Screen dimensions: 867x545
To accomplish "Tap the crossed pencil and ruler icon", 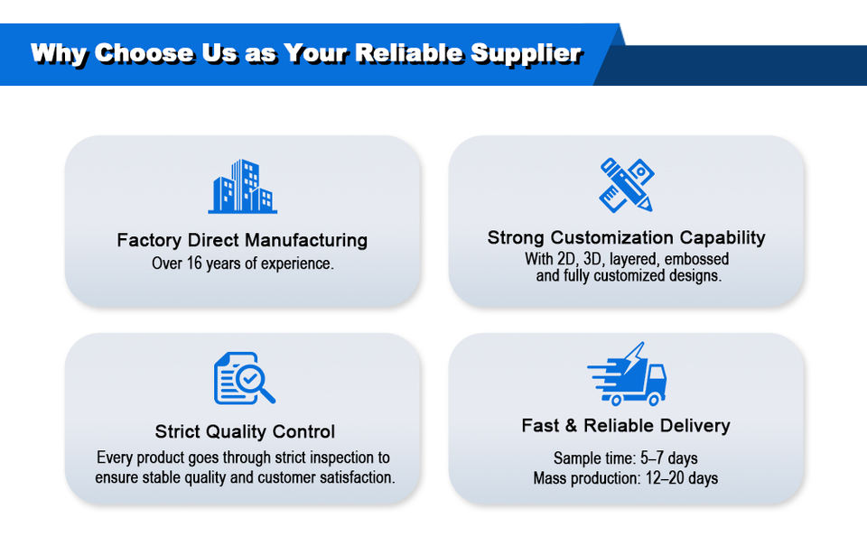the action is tap(627, 185).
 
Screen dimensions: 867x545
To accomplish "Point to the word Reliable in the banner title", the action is tap(408, 53).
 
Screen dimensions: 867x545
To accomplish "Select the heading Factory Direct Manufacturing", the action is tap(242, 240).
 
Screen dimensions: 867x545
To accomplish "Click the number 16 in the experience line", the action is tap(194, 263).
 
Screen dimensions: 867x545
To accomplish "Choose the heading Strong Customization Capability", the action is tap(627, 238).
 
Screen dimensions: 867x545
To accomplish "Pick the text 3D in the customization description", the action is tap(592, 259).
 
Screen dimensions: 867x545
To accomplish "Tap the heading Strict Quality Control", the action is tap(245, 431).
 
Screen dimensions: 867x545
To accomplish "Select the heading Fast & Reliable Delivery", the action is tap(626, 426).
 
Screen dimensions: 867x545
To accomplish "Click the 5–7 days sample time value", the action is tap(669, 458).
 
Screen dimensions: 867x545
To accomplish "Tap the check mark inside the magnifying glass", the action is tap(249, 378).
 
